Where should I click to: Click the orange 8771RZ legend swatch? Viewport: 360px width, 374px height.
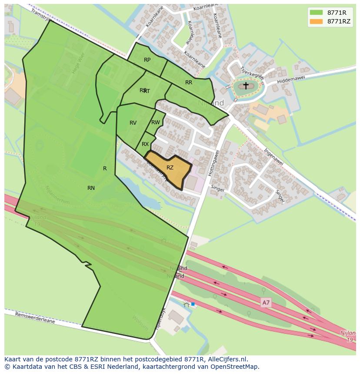pos(317,21)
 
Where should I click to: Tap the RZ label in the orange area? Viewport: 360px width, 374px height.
pos(170,168)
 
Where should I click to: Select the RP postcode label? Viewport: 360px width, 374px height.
pos(147,60)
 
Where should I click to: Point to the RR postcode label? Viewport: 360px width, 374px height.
pos(189,83)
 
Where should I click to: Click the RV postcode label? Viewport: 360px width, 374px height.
pos(133,123)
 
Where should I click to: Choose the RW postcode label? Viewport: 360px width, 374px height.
pos(155,122)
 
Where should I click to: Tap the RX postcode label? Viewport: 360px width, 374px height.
pos(145,144)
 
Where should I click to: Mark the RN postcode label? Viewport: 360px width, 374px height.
pos(91,188)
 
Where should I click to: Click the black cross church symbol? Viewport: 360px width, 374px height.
pos(246,86)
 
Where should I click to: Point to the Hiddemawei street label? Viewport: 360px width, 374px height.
pos(291,78)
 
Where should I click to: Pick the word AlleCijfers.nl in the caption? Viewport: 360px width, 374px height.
pos(227,359)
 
